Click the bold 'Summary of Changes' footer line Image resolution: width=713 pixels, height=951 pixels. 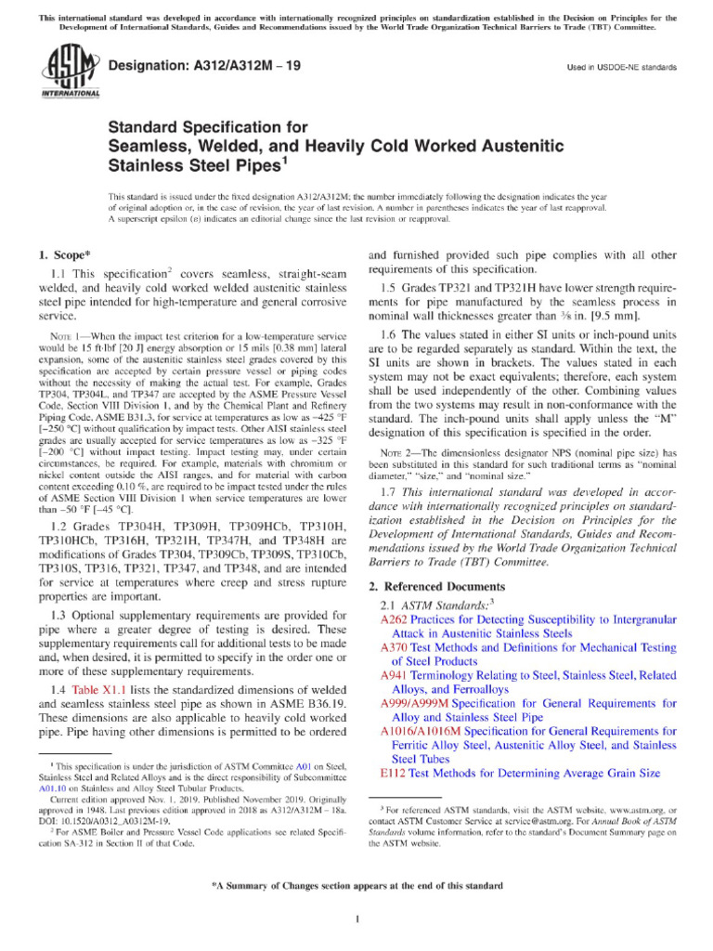[356, 886]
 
